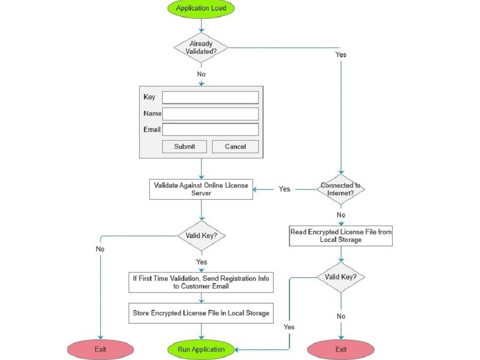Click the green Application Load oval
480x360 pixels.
201,8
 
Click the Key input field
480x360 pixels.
210,97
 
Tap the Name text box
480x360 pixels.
210,114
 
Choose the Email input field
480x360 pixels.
210,130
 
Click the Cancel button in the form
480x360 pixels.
235,146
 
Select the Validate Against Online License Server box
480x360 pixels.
201,189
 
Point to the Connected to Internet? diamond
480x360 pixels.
341,189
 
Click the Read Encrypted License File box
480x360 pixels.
341,236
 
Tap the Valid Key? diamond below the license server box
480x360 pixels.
201,236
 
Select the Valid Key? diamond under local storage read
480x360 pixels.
341,277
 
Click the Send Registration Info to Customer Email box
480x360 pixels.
201,282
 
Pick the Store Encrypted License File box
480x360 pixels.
201,313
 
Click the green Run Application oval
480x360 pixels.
201,349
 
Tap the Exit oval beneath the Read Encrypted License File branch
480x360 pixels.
341,349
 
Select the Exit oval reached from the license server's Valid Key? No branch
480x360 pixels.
100,349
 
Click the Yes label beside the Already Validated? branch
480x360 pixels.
340,55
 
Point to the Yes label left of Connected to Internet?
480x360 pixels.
285,189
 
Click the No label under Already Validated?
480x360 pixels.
201,74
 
